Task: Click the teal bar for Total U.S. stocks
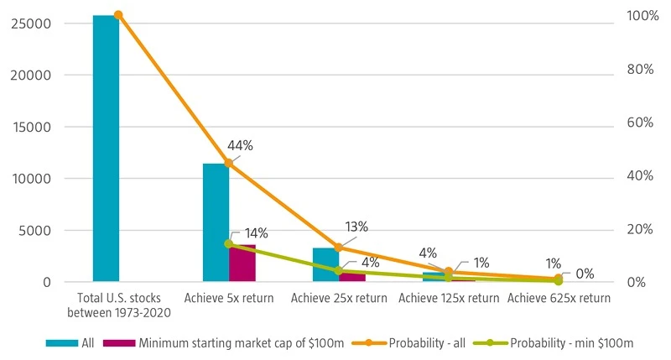pyautogui.click(x=106, y=148)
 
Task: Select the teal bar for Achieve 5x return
pyautogui.click(x=216, y=222)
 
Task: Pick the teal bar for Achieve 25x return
pyautogui.click(x=325, y=264)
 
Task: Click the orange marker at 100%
pyautogui.click(x=117, y=15)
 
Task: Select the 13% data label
pyautogui.click(x=356, y=227)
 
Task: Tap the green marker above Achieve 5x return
pyautogui.click(x=228, y=244)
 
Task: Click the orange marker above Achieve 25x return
pyautogui.click(x=339, y=248)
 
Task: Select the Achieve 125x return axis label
pyautogui.click(x=449, y=298)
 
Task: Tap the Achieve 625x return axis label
pyautogui.click(x=559, y=298)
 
